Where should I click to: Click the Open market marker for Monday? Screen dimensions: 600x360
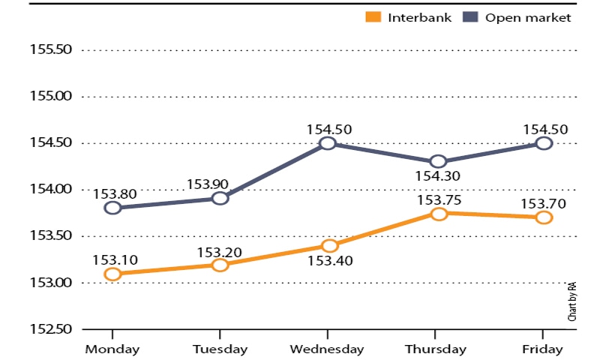pyautogui.click(x=113, y=208)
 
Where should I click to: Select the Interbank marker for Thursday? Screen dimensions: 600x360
pyautogui.click(x=439, y=214)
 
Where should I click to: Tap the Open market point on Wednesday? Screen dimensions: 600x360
pyautogui.click(x=328, y=143)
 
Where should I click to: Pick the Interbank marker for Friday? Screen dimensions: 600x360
pyautogui.click(x=544, y=217)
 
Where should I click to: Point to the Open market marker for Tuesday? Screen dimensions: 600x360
pyautogui.click(x=220, y=198)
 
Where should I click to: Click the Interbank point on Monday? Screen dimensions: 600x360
pyautogui.click(x=113, y=274)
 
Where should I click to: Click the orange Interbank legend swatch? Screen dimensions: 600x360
pyautogui.click(x=373, y=16)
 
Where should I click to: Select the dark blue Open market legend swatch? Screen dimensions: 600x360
pyautogui.click(x=470, y=16)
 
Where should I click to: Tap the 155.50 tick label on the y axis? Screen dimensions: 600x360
pyautogui.click(x=51, y=49)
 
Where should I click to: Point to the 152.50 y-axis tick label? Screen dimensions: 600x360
pyautogui.click(x=51, y=329)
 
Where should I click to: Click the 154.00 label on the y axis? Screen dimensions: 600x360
pyautogui.click(x=51, y=189)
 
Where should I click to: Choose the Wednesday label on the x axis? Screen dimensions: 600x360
pyautogui.click(x=327, y=349)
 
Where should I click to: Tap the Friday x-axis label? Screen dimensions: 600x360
pyautogui.click(x=542, y=349)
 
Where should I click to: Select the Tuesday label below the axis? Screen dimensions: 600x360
pyautogui.click(x=220, y=349)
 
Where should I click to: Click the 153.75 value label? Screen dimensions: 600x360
pyautogui.click(x=439, y=200)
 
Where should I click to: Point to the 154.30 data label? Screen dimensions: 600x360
pyautogui.click(x=438, y=176)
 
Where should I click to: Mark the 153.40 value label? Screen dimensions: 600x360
pyautogui.click(x=330, y=261)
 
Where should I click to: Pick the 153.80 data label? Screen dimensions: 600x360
pyautogui.click(x=115, y=194)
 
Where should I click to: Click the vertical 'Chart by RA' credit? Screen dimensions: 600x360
pyautogui.click(x=572, y=301)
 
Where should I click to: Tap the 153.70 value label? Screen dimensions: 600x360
pyautogui.click(x=543, y=204)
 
